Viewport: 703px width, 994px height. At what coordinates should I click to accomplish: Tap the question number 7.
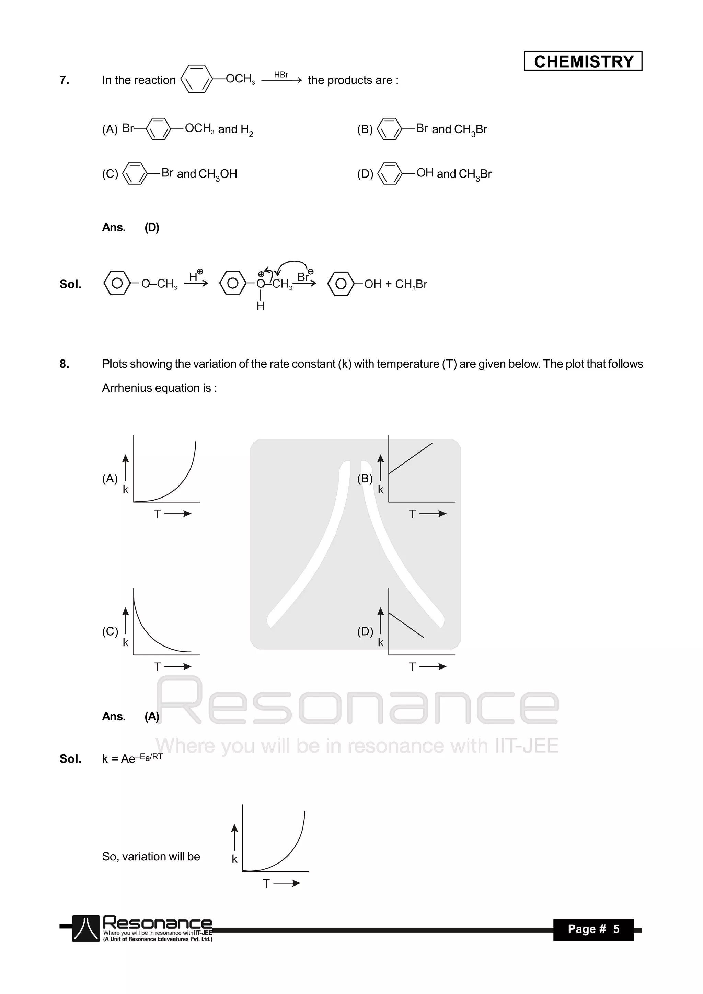click(x=64, y=80)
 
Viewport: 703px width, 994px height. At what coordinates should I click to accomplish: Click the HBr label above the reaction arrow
click(x=281, y=75)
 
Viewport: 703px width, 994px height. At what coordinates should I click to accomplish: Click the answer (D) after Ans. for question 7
click(x=151, y=227)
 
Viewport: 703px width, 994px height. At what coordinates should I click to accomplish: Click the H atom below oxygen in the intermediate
click(x=260, y=306)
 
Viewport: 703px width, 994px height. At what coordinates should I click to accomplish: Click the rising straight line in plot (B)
click(x=411, y=458)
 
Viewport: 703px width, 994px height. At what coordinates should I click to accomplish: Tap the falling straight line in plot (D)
click(x=406, y=625)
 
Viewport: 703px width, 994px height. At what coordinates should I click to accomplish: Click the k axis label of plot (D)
click(x=380, y=642)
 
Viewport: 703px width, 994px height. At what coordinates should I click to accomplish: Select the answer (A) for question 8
click(x=151, y=717)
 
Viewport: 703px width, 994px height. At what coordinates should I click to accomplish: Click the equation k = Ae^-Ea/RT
click(x=132, y=758)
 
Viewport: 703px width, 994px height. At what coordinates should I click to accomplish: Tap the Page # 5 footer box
click(x=593, y=929)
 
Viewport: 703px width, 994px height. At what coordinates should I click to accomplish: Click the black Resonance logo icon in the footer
click(x=86, y=929)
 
